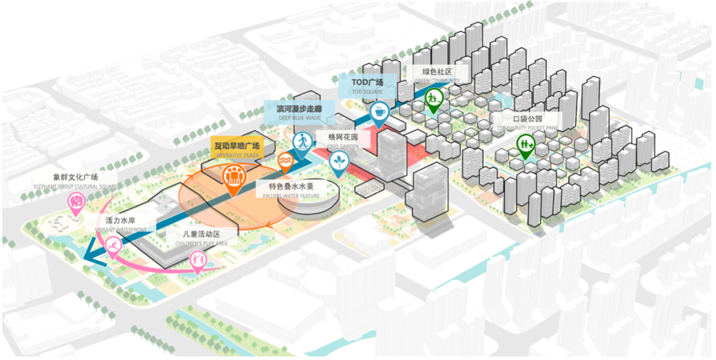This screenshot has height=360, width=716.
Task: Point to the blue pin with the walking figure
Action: tap(302, 141)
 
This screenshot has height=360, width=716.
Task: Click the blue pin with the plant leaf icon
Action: tap(340, 160)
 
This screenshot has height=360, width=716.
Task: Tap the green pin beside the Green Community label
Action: tap(433, 99)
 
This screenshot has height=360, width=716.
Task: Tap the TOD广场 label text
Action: tap(367, 82)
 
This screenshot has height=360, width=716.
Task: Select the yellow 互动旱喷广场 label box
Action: tap(237, 146)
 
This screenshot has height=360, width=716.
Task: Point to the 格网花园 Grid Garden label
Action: tap(343, 137)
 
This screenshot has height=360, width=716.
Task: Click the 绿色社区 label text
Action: tap(437, 72)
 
